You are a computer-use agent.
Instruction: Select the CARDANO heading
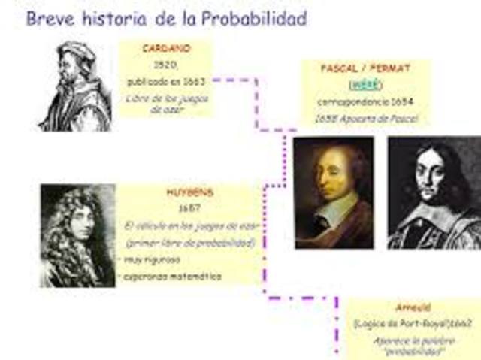click(166, 48)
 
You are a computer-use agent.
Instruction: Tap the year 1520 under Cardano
click(166, 64)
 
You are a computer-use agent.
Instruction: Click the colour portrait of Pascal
click(334, 192)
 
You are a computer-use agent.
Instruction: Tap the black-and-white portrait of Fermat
click(434, 192)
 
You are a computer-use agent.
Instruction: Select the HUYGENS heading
click(188, 193)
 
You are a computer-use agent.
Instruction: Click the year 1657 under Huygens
click(188, 208)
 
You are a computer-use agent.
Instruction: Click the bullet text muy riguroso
click(153, 260)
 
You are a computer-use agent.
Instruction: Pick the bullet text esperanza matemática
click(174, 277)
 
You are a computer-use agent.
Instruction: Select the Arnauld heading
click(410, 307)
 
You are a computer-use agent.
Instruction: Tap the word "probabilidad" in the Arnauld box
click(410, 350)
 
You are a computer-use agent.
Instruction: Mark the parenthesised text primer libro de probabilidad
click(190, 243)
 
